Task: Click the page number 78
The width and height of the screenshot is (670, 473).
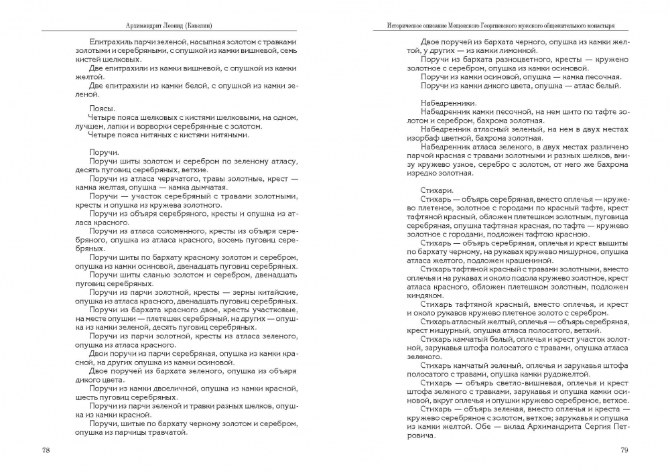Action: (x=46, y=450)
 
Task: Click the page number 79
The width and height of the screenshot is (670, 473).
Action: (x=623, y=450)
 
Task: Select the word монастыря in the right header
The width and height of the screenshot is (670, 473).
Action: (x=600, y=25)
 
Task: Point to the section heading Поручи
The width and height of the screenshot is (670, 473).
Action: (x=104, y=153)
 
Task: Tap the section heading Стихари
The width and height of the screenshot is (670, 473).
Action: (x=438, y=190)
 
